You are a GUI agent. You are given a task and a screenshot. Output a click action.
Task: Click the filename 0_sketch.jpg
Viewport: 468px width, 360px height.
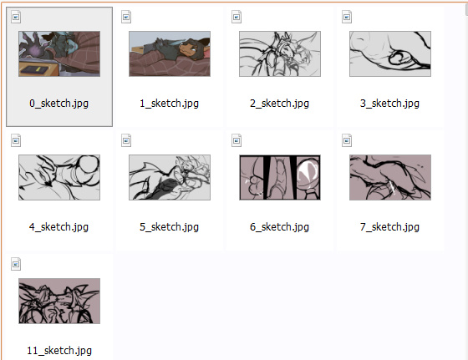[58, 104]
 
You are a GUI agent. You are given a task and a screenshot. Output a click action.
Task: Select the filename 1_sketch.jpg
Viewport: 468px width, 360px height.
[169, 104]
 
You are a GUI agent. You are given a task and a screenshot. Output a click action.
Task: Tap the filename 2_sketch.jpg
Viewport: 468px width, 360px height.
[279, 104]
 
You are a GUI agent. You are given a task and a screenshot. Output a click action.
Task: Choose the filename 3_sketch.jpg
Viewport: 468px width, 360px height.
[389, 104]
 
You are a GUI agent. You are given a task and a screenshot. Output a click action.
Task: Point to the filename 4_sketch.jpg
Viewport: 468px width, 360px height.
[58, 227]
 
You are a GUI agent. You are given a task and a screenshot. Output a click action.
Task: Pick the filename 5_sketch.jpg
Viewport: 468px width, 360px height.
[169, 227]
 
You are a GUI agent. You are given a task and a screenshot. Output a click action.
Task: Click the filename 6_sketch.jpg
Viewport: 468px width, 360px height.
[279, 227]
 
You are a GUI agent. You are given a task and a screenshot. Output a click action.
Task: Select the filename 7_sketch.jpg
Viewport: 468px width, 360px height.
[389, 227]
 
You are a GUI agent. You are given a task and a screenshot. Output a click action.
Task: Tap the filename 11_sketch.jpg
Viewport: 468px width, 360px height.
[59, 351]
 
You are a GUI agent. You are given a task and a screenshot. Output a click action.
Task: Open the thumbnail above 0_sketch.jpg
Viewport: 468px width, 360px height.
[59, 53]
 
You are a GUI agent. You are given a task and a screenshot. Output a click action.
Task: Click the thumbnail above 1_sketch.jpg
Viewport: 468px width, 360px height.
[170, 53]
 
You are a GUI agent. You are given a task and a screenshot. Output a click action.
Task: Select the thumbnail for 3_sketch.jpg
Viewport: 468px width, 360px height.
[390, 53]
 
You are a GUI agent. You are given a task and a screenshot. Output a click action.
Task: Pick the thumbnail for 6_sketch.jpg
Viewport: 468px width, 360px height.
[280, 177]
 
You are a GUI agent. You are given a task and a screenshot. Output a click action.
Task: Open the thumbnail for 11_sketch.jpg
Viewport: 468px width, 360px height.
[59, 301]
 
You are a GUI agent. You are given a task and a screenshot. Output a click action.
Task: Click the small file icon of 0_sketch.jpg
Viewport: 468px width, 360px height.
[16, 17]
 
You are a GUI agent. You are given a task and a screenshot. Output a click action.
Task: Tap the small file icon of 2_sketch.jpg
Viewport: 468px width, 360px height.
[237, 17]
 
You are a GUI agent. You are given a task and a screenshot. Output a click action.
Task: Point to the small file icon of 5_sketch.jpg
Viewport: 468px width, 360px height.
[126, 140]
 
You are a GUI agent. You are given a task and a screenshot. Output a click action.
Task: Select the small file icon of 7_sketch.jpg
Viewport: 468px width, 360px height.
[347, 140]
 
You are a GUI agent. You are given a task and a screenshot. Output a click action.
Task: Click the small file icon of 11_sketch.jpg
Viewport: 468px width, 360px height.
[16, 264]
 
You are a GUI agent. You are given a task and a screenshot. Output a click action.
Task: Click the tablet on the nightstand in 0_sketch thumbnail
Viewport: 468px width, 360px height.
[34, 70]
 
